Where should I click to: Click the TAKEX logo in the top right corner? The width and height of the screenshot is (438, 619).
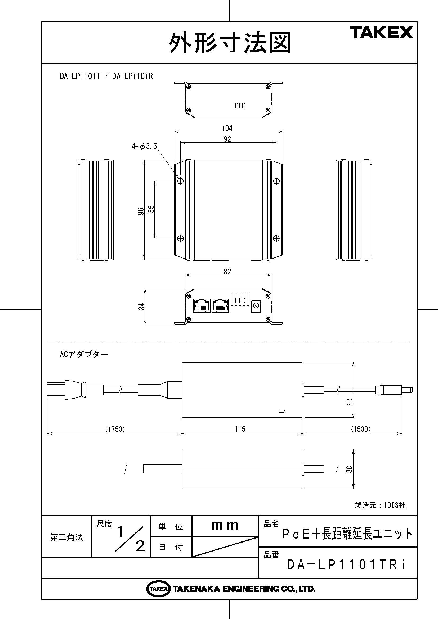pos(381,33)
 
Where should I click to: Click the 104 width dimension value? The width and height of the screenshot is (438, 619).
pos(227,128)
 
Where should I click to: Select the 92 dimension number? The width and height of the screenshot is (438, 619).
pos(227,139)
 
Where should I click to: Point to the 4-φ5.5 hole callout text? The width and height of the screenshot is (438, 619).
pos(144,146)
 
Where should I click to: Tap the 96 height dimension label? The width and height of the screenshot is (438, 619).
pos(141,211)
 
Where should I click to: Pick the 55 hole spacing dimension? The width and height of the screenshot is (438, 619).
pos(151,209)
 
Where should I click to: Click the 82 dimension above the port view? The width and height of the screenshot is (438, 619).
pos(227,272)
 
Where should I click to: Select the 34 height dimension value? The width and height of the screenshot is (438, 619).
pos(142,306)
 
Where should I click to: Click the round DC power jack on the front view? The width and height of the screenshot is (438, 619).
pos(256,306)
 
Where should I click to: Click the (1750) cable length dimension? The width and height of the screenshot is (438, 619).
pos(115,429)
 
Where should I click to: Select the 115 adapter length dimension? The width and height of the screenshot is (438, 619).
pos(240,429)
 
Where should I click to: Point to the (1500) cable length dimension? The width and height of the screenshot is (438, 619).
pos(361,429)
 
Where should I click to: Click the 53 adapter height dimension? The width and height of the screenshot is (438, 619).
pos(350,402)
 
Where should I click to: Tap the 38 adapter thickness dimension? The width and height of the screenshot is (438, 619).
pos(349,469)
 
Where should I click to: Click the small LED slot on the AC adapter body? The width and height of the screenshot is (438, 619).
pos(282,411)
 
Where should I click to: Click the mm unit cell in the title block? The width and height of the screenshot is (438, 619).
pos(225,526)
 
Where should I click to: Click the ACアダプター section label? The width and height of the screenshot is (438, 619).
pos(84,354)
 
